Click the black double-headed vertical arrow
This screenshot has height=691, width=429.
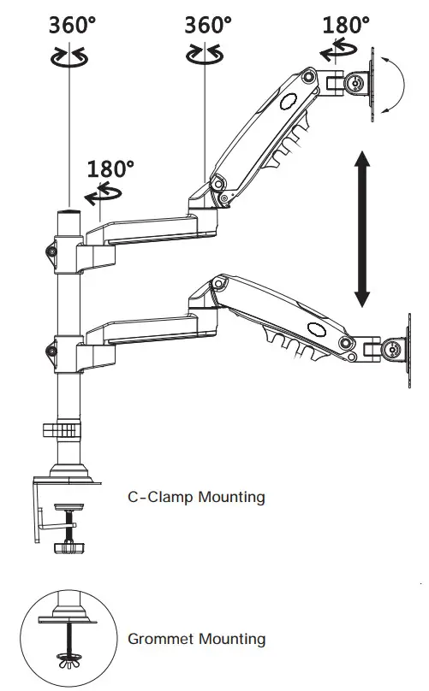tap(362, 228)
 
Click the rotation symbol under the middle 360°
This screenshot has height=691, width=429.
tap(206, 56)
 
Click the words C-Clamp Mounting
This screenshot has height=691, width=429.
tap(196, 496)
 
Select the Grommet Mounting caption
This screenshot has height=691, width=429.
tap(196, 639)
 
